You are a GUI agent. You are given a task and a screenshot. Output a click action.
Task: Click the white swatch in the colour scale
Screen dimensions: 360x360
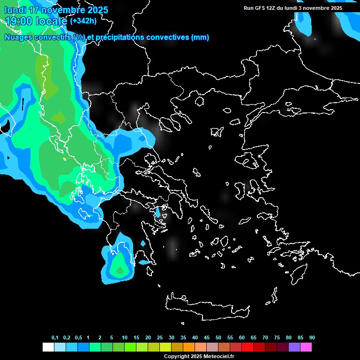click(x=48, y=347)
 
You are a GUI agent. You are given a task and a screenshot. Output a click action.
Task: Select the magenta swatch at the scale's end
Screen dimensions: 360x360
click(x=306, y=347)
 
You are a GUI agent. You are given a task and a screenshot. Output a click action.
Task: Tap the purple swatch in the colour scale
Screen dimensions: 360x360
click(x=294, y=347)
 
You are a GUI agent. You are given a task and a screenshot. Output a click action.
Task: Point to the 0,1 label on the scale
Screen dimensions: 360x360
click(x=55, y=337)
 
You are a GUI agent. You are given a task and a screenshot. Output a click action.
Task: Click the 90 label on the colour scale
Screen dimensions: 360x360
click(x=312, y=337)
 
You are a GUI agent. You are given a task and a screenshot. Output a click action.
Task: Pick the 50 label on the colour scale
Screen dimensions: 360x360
click(x=218, y=337)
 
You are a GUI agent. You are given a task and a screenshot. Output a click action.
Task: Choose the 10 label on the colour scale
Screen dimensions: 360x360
click(x=125, y=337)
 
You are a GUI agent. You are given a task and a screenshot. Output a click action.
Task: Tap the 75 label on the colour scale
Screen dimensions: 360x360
click(x=277, y=337)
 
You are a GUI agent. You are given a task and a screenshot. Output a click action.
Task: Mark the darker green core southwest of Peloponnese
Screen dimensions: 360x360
click(x=120, y=270)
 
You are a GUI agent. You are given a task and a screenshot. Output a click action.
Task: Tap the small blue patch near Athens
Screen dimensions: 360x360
click(x=158, y=212)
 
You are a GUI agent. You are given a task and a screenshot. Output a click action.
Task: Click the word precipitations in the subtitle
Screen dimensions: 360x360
click(x=118, y=37)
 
